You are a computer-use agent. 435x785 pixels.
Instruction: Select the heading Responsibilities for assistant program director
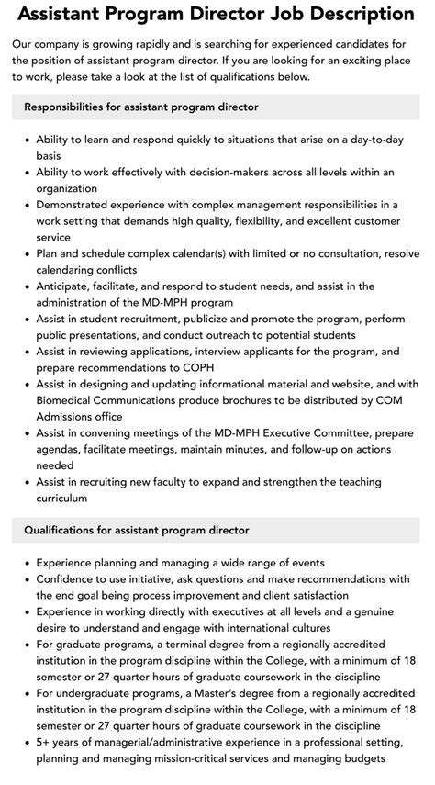(141, 107)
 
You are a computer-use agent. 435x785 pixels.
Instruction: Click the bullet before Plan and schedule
(25, 252)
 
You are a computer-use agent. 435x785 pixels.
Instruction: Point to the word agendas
(59, 449)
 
